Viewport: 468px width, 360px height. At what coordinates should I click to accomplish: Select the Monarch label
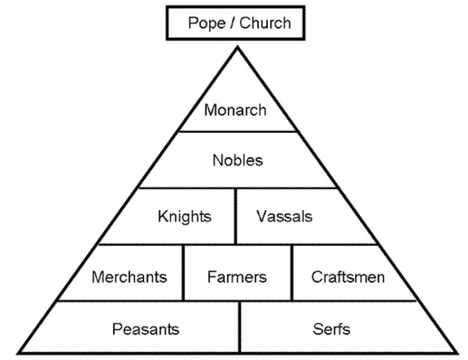(x=235, y=110)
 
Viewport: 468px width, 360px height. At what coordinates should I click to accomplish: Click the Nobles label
(x=238, y=160)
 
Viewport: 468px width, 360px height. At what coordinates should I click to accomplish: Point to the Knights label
(x=184, y=217)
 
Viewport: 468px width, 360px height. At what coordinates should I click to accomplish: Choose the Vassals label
(x=284, y=217)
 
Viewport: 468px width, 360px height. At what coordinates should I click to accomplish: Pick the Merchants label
(x=129, y=277)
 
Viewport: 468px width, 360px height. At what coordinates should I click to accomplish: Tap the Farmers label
(x=237, y=277)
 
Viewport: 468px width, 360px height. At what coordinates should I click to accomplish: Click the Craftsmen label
(x=348, y=277)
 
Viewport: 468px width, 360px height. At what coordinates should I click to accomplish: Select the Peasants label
(x=145, y=328)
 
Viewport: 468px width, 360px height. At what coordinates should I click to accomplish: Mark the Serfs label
(x=331, y=328)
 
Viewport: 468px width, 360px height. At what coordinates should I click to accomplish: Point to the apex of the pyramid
(x=238, y=47)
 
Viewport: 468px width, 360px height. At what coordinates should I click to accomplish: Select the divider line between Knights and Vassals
(x=236, y=216)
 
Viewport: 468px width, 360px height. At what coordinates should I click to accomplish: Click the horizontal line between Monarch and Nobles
(x=238, y=132)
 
